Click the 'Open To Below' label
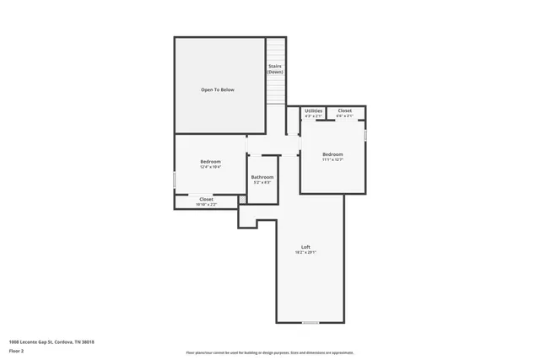pos(217,89)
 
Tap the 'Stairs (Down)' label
pos(275,69)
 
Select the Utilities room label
pos(313,110)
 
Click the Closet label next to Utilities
pos(345,110)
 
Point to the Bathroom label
pos(262,177)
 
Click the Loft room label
pos(305,247)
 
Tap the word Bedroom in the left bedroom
pos(210,161)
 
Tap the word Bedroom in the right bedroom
pos(332,154)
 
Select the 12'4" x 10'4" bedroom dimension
pos(210,167)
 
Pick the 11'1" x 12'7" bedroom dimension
pos(332,160)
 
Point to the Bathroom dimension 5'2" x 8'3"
pos(262,183)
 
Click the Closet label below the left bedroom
pos(206,199)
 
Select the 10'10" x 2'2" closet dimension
pos(206,205)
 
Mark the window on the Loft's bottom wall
pos(310,323)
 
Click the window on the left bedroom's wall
pos(175,181)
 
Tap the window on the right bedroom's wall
pos(366,134)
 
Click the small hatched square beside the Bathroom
pos(242,200)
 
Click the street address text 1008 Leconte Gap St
pos(51,341)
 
